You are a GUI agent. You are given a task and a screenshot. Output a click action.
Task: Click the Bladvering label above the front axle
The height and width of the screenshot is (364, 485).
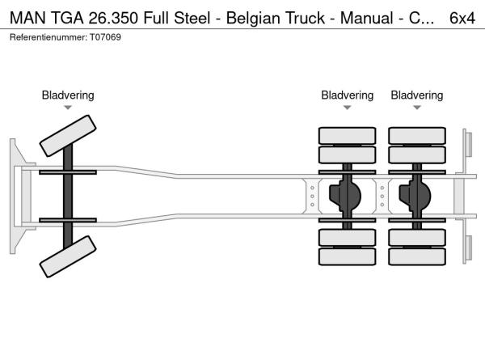[68, 95]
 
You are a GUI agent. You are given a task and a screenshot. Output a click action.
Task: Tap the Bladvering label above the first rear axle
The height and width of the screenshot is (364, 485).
[347, 95]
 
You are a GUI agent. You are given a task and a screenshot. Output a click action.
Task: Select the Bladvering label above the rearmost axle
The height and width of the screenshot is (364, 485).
[417, 95]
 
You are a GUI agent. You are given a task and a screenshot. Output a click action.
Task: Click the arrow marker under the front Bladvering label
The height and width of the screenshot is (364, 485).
[68, 108]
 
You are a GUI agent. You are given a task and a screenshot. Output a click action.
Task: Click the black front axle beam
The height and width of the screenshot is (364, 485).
[69, 197]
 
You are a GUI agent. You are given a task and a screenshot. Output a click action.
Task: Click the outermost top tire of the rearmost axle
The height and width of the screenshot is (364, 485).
[417, 135]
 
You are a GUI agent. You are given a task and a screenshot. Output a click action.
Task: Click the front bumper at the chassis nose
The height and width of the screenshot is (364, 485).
[16, 197]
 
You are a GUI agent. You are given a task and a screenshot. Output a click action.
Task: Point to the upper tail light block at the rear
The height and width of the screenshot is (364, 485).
[467, 144]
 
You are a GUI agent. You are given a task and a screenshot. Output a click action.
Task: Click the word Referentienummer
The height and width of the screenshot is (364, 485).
[44, 38]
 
